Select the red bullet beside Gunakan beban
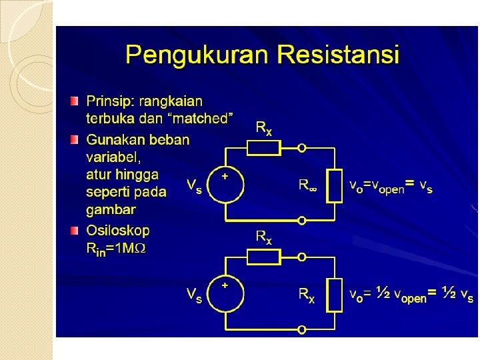(74, 141)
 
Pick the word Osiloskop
(118, 231)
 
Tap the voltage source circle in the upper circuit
(225, 184)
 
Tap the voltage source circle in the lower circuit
(225, 293)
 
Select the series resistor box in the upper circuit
(265, 147)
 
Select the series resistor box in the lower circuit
(265, 256)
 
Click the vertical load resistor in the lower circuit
(335, 294)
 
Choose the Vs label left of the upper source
(194, 185)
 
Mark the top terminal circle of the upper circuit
(302, 147)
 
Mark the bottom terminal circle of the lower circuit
(302, 329)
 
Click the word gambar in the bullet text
(111, 210)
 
